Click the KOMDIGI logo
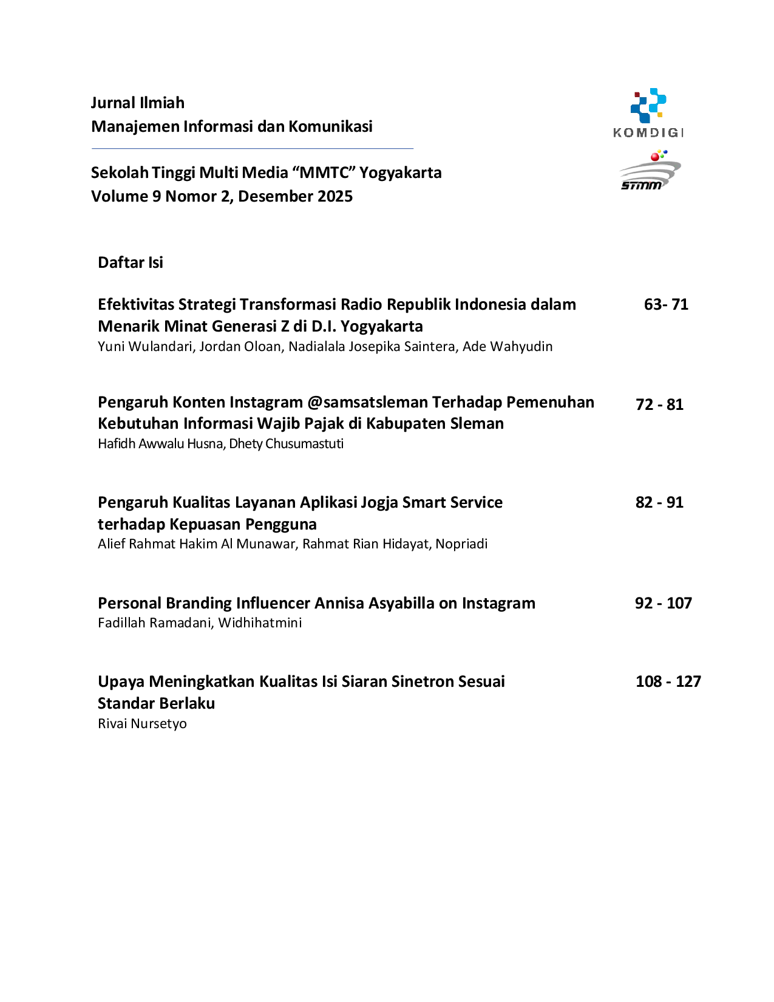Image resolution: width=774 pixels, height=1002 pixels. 648,113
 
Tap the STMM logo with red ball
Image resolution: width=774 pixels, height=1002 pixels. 650,170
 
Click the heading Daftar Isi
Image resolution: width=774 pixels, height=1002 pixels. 131,262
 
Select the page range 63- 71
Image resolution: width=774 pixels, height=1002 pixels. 666,304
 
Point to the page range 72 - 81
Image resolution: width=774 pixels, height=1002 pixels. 659,404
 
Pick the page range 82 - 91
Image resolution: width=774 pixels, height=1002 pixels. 659,502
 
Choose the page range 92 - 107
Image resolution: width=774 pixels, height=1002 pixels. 664,603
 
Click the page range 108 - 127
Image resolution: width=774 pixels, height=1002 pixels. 668,681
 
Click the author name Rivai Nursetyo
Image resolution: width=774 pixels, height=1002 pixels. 142,723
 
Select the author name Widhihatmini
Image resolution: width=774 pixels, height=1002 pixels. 260,623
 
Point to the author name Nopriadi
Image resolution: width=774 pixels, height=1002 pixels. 461,544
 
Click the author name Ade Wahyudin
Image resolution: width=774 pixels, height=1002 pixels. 508,346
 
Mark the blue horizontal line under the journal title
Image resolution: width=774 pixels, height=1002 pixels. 252,149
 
